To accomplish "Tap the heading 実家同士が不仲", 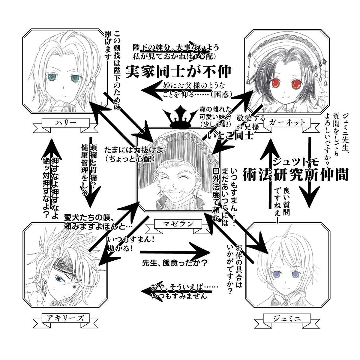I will [x=178, y=71].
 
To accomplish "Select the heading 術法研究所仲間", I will [x=295, y=174].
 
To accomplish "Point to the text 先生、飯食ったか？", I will [x=175, y=264].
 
